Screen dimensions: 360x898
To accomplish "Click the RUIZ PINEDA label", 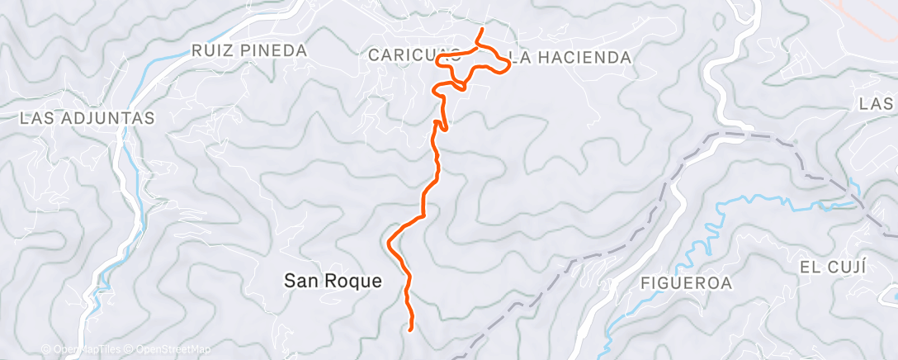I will coord(248,50).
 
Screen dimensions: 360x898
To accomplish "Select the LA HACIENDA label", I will coord(570,57).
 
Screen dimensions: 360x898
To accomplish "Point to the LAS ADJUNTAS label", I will coord(87,118).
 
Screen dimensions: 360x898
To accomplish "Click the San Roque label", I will coord(333,281).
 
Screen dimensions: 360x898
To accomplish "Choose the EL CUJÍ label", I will coord(832,267).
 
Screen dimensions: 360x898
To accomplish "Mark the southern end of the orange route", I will coord(410,329).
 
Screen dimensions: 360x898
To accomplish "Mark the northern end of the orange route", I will coord(482,30).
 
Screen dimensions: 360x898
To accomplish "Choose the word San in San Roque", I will coord(301,281).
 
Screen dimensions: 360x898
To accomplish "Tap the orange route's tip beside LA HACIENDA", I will coord(506,68).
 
